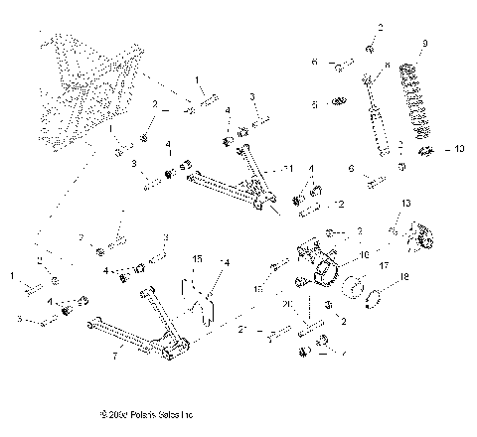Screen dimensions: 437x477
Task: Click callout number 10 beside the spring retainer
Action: coord(458,150)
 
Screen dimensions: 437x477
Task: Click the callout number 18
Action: coord(403,278)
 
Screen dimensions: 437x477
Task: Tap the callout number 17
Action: coord(383,265)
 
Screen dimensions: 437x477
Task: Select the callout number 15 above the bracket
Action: coord(197,259)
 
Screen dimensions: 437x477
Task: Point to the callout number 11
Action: coord(289,167)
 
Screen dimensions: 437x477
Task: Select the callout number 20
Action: coord(287,305)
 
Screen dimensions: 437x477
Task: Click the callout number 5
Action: coord(314,102)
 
